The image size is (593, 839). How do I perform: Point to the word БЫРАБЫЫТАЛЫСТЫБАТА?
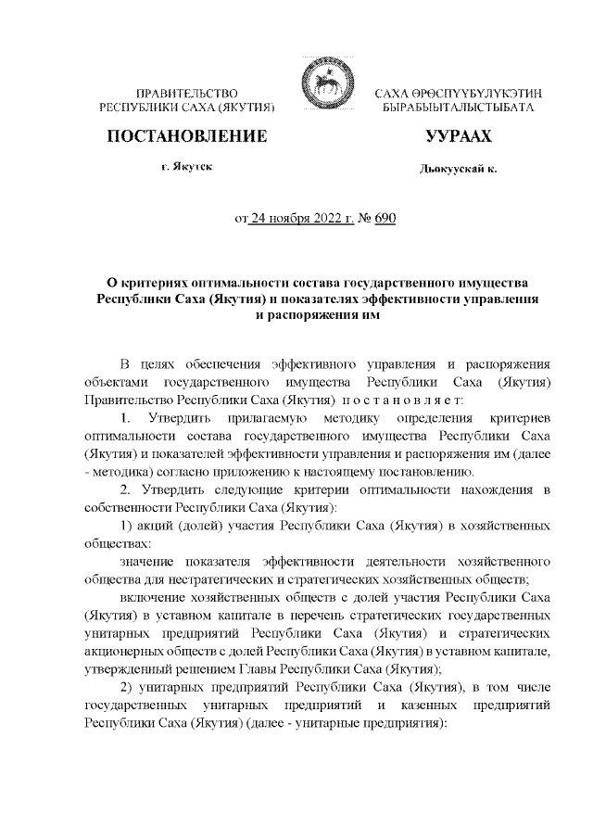point(458,108)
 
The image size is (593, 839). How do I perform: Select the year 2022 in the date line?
point(326,220)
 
